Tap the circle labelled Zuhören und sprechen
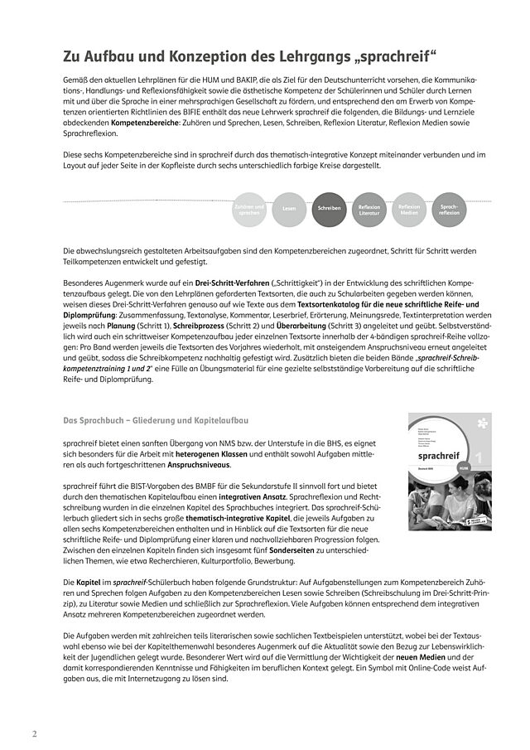(x=248, y=210)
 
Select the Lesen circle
(x=289, y=210)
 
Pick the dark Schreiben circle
(x=329, y=210)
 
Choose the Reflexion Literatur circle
(x=369, y=210)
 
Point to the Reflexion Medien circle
(x=409, y=210)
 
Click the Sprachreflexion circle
(x=449, y=210)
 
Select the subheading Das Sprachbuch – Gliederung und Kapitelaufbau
(x=156, y=421)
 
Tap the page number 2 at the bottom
(x=34, y=734)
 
